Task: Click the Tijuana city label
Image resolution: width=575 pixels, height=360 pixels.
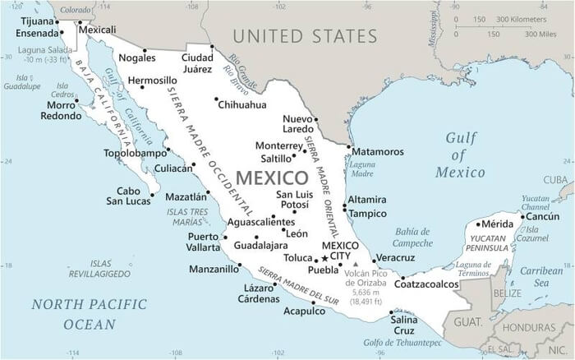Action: point(35,21)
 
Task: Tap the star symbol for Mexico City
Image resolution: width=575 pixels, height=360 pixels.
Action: point(324,258)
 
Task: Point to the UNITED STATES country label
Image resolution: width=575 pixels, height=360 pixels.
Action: point(305,36)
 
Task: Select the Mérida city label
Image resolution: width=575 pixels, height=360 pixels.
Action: point(496,224)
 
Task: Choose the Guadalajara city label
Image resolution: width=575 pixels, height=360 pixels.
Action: point(260,245)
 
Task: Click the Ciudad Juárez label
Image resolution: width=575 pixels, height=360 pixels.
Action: point(197,62)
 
